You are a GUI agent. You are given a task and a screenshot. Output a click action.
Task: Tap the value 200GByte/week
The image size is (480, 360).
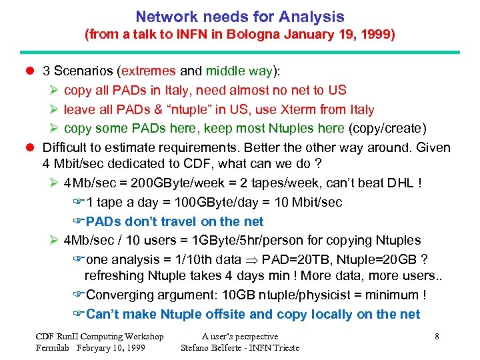(x=172, y=182)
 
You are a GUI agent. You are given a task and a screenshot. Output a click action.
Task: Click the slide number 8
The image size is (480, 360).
(x=437, y=337)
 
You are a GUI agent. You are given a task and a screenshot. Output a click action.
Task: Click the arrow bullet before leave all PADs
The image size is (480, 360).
(x=56, y=109)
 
